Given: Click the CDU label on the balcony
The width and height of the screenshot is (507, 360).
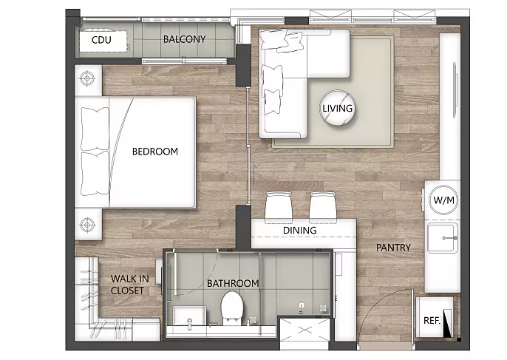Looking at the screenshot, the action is (x=101, y=40).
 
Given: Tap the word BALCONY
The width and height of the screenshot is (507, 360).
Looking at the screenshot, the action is (x=184, y=39).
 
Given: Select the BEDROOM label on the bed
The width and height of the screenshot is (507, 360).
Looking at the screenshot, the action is (x=155, y=152).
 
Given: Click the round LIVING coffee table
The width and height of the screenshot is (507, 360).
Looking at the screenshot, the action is (x=338, y=108).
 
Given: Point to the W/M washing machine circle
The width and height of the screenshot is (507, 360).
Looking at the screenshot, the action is (x=443, y=200).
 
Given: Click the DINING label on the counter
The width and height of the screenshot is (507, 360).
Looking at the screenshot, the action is (x=300, y=231).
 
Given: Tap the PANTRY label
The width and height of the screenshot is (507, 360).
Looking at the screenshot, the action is (x=393, y=248).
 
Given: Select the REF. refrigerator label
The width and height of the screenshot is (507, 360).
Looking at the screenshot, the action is (x=432, y=321).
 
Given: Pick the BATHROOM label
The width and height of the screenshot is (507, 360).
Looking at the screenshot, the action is (x=233, y=283).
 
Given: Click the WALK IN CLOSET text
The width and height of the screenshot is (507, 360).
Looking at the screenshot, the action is (x=129, y=285).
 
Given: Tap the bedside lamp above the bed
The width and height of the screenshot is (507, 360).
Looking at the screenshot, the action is (x=87, y=78).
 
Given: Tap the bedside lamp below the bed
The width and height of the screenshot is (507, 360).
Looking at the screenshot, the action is (x=87, y=224).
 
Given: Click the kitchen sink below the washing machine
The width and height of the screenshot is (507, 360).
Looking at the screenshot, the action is (x=443, y=238).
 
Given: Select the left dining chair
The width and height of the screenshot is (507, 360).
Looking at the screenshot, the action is (x=279, y=206).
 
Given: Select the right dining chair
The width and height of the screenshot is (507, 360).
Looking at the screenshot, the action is (x=323, y=206).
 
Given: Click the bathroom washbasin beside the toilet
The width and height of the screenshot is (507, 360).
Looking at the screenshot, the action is (x=189, y=316).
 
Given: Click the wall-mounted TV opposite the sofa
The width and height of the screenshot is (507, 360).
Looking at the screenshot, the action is (x=455, y=90).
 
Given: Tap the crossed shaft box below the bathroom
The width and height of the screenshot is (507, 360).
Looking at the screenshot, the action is (x=304, y=330).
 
